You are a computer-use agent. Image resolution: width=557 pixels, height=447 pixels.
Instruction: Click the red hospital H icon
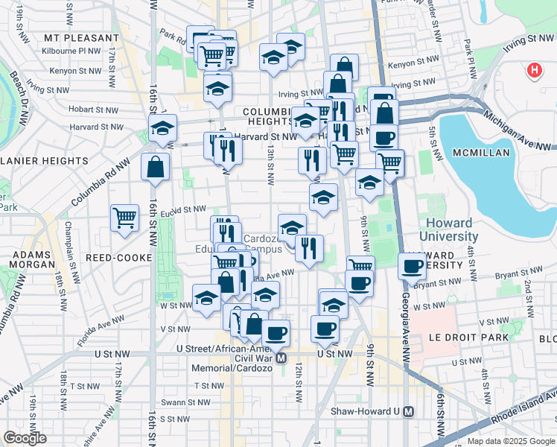tap(534, 71)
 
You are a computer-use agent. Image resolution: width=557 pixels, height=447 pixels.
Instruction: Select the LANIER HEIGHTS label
tap(45, 160)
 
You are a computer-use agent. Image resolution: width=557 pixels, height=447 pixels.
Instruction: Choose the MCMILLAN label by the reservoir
tap(479, 153)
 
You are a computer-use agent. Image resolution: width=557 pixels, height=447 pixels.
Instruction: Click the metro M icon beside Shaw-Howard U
tap(408, 411)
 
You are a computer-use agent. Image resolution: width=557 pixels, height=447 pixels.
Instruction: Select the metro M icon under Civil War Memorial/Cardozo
tap(281, 358)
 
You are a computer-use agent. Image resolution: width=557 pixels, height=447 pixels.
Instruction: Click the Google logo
tap(25, 437)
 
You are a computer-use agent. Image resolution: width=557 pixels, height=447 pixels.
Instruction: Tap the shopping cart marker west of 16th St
tap(124, 218)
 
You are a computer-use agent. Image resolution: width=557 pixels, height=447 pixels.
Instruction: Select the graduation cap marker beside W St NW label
tap(206, 298)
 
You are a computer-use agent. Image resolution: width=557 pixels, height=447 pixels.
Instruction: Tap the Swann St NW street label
tap(193, 402)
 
